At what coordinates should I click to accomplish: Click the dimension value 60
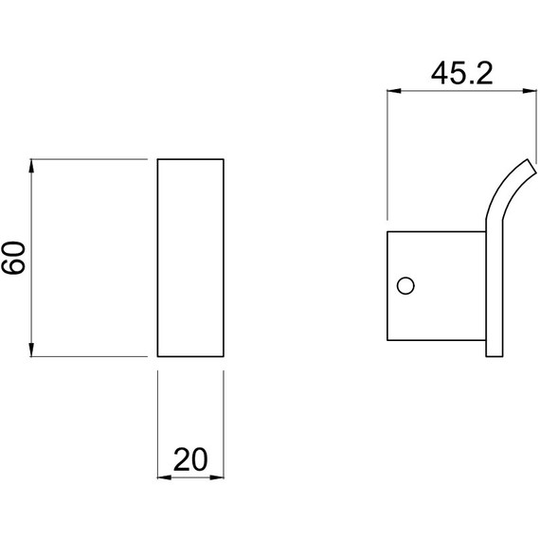click(14, 258)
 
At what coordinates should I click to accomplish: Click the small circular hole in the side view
click(405, 285)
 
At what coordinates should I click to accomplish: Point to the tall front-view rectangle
click(190, 258)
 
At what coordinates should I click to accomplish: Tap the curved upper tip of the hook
click(524, 166)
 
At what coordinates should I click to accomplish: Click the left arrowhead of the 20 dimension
click(160, 477)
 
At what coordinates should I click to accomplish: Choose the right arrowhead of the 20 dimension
click(221, 477)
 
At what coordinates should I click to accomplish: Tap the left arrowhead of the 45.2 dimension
click(391, 91)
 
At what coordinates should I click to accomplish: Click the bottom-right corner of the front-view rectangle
click(225, 356)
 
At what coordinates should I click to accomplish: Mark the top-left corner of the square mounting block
click(388, 231)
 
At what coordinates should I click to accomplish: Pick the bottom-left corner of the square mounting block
click(388, 338)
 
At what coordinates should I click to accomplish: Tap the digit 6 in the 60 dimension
click(14, 267)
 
